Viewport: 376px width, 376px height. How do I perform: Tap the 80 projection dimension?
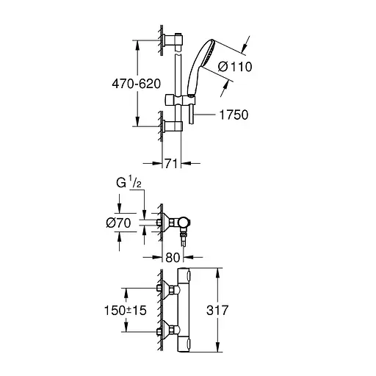tap(172, 258)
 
